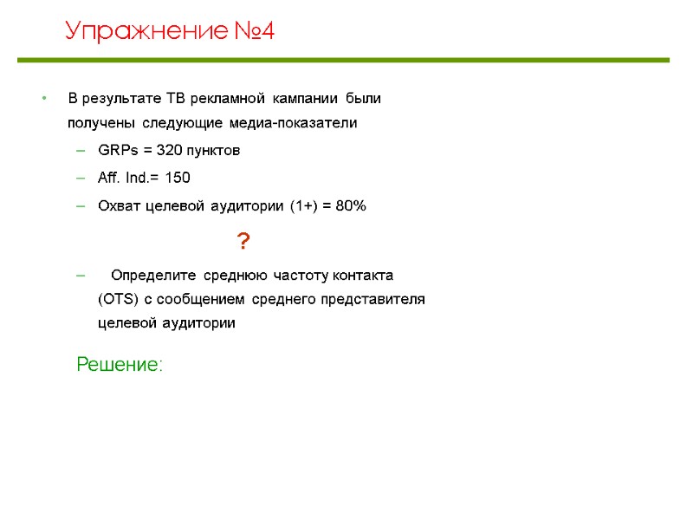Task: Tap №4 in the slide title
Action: coord(256,33)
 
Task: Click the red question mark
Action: coord(243,242)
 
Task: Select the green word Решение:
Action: coord(119,365)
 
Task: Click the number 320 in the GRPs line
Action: coord(170,151)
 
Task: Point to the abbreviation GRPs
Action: coord(116,151)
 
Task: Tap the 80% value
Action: coord(352,206)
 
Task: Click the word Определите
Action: coord(155,276)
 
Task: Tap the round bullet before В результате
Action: coord(43,97)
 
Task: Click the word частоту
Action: coord(299,276)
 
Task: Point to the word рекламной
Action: coord(226,97)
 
